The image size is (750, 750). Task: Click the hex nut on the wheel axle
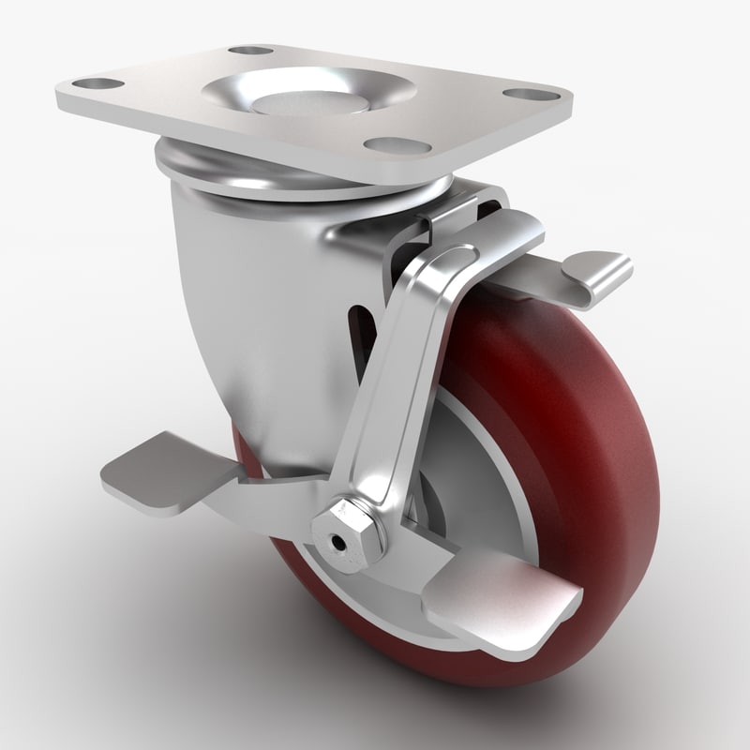pos(354,540)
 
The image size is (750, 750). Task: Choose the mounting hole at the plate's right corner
pos(518,94)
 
